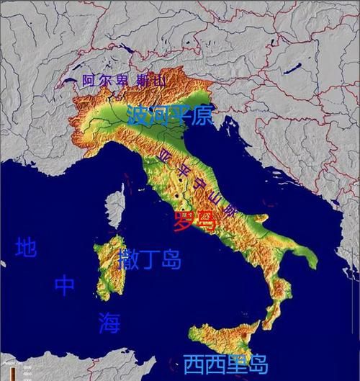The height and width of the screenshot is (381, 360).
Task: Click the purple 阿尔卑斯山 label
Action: click(x=123, y=81)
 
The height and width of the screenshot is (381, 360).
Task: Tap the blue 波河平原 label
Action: click(x=170, y=115)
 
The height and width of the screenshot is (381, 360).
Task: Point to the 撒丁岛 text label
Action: click(x=150, y=259)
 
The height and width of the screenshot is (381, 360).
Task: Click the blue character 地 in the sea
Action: click(x=25, y=248)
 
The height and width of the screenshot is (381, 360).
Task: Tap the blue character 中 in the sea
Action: click(x=64, y=285)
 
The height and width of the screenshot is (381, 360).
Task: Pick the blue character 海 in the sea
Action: click(x=109, y=323)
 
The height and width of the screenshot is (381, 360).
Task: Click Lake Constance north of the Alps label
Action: click(x=130, y=49)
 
